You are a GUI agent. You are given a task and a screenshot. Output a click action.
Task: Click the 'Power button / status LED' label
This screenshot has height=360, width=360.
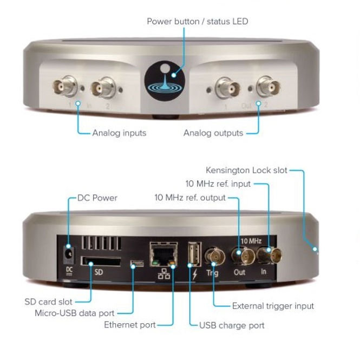coord(197,21)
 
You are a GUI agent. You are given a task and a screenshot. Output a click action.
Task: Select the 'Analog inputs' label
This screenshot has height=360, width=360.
coord(119,133)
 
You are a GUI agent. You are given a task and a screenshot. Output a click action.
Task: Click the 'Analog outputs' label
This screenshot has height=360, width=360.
coord(213,133)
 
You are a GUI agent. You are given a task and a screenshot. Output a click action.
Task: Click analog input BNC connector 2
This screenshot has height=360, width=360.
coord(103,87)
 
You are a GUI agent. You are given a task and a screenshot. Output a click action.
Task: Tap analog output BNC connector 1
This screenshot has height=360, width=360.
coord(227,87)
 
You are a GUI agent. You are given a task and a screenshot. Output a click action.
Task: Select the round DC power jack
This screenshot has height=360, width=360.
coord(69,253)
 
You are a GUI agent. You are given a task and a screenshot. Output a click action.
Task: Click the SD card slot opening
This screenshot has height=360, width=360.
coord(102,261)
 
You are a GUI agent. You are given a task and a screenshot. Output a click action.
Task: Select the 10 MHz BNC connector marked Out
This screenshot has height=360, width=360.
coord(239,254)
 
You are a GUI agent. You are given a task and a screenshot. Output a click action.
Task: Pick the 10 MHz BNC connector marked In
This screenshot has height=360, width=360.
coord(265,254)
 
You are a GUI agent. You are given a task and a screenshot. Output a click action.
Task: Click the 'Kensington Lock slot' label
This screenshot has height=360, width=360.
coord(246,171)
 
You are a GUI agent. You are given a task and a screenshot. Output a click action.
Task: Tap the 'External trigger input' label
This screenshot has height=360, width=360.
coord(273,306)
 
